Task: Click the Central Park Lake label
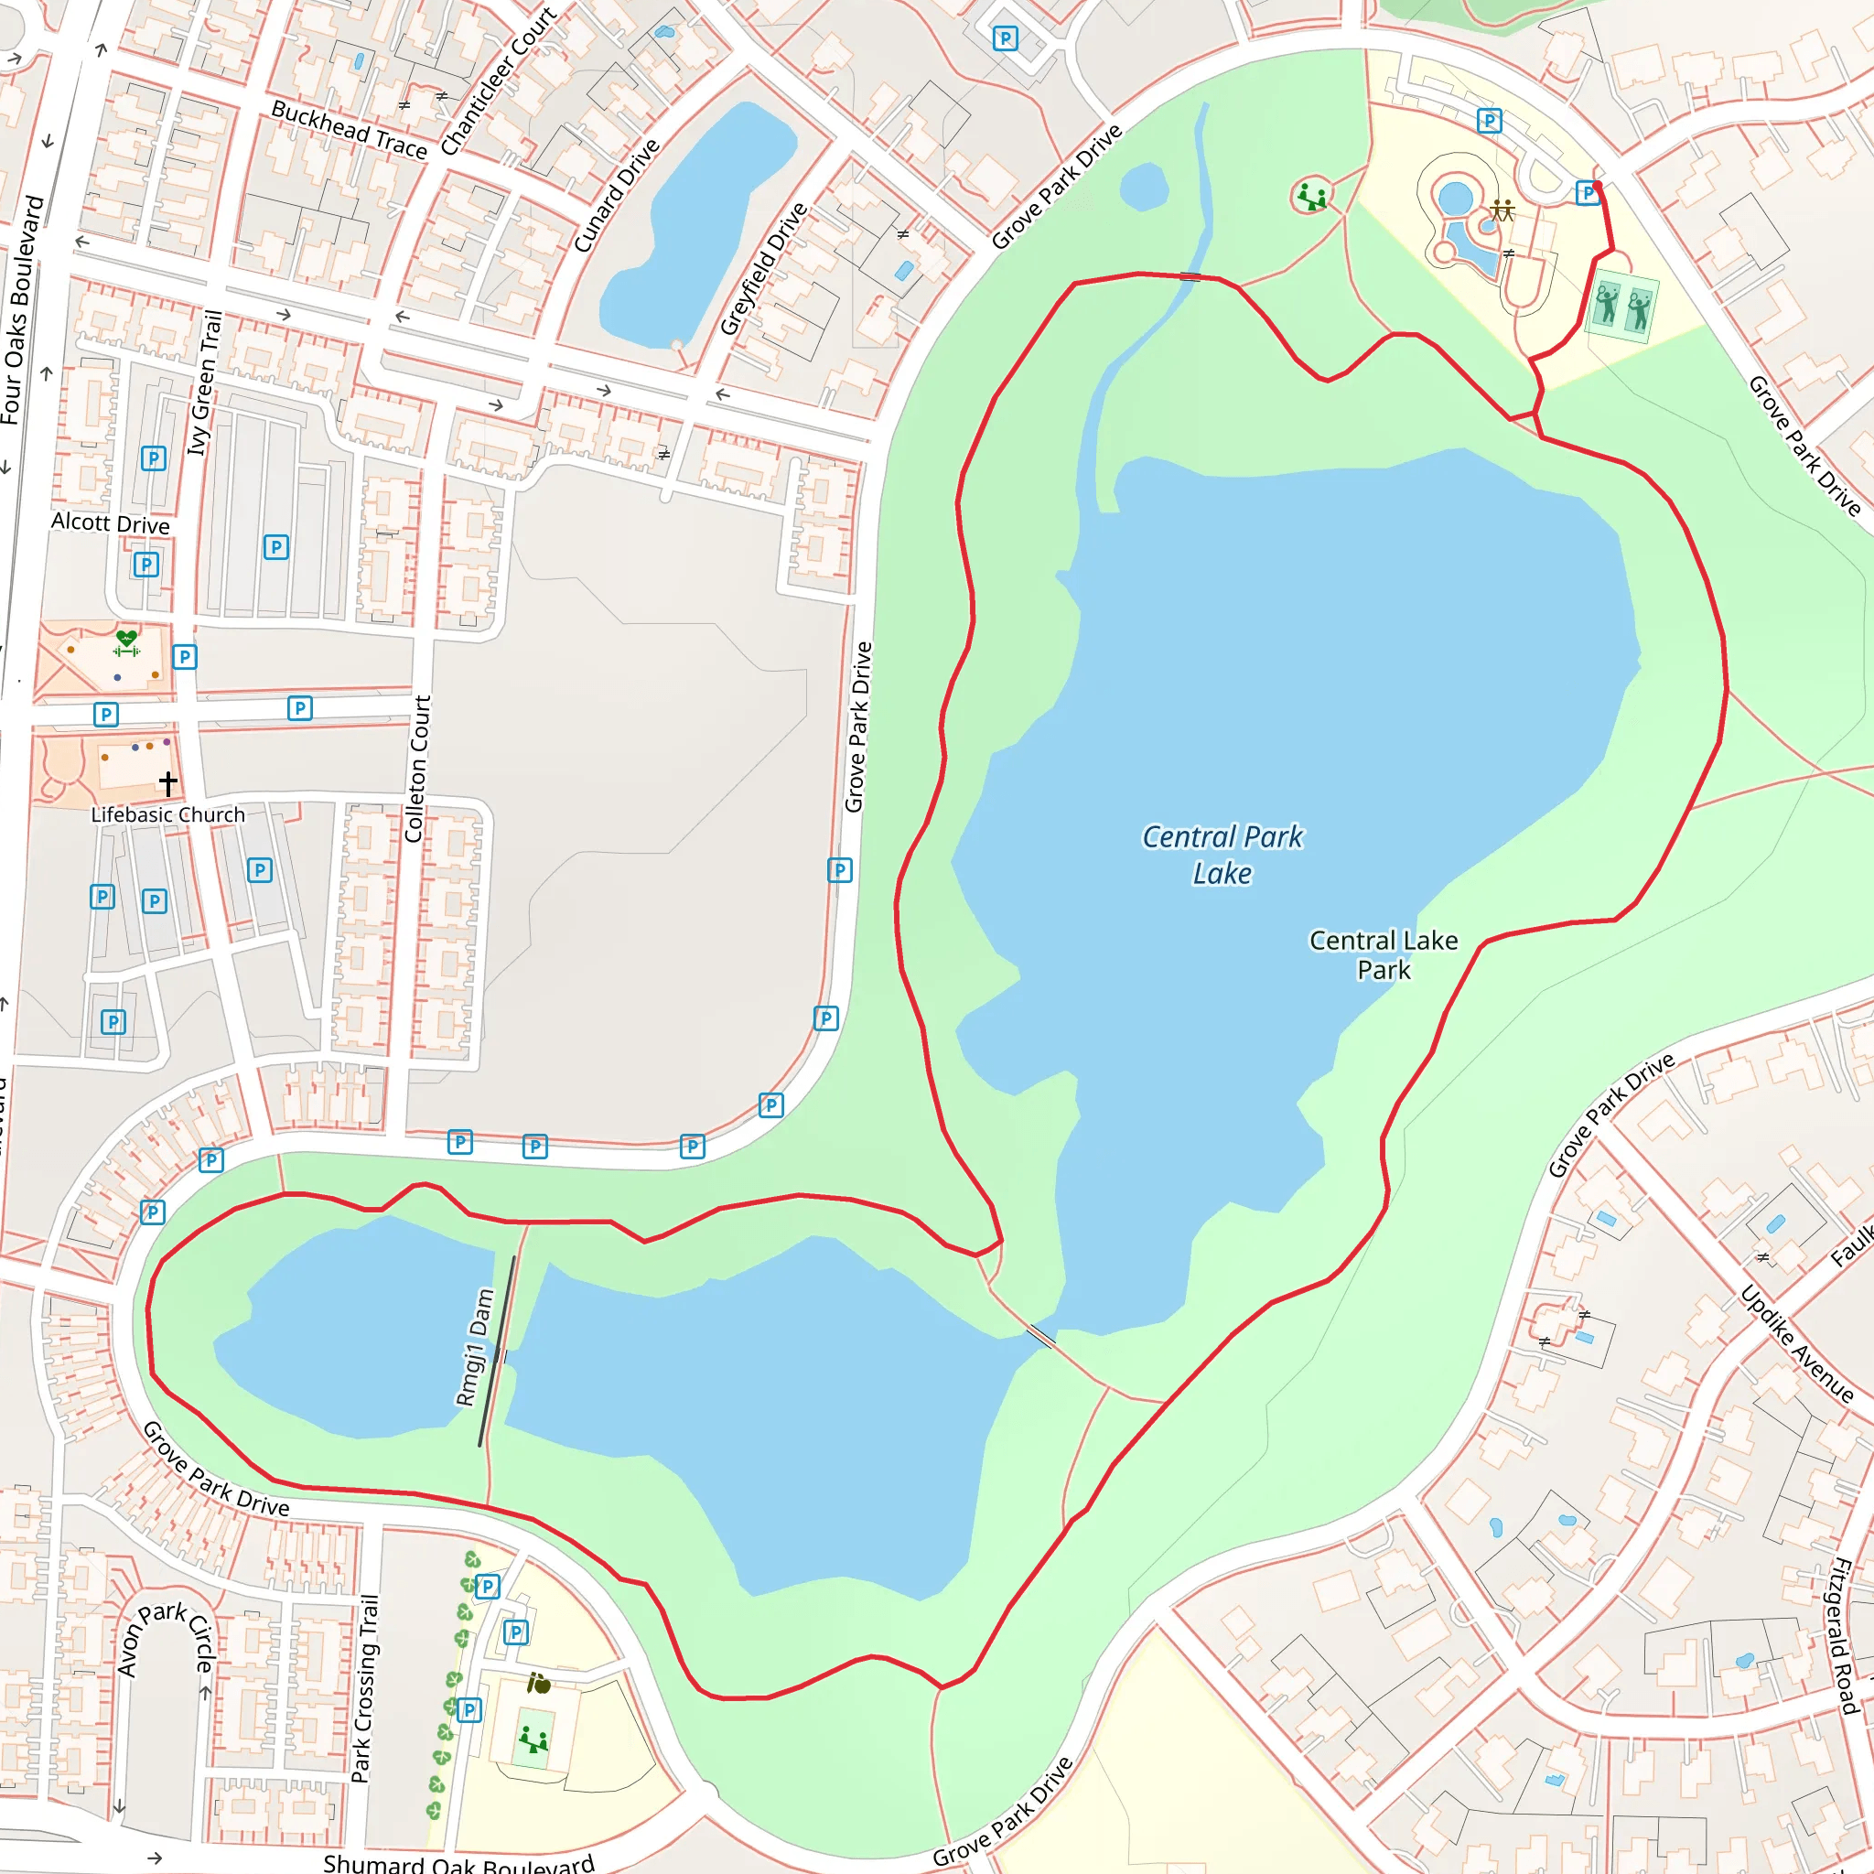coord(1222,855)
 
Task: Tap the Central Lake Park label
coord(1384,954)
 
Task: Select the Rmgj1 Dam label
coord(475,1347)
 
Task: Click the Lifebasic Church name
coord(167,814)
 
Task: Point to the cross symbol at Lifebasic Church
coord(167,782)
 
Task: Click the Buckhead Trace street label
coord(350,129)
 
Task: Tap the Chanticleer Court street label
coord(499,81)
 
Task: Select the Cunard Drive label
coord(616,195)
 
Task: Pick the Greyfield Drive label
coord(764,269)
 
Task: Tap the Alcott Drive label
coord(111,523)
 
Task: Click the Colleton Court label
coord(417,769)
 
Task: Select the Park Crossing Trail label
coord(365,1687)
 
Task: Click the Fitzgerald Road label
coord(1843,1635)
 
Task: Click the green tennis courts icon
coord(1621,307)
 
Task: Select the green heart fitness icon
coord(126,641)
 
